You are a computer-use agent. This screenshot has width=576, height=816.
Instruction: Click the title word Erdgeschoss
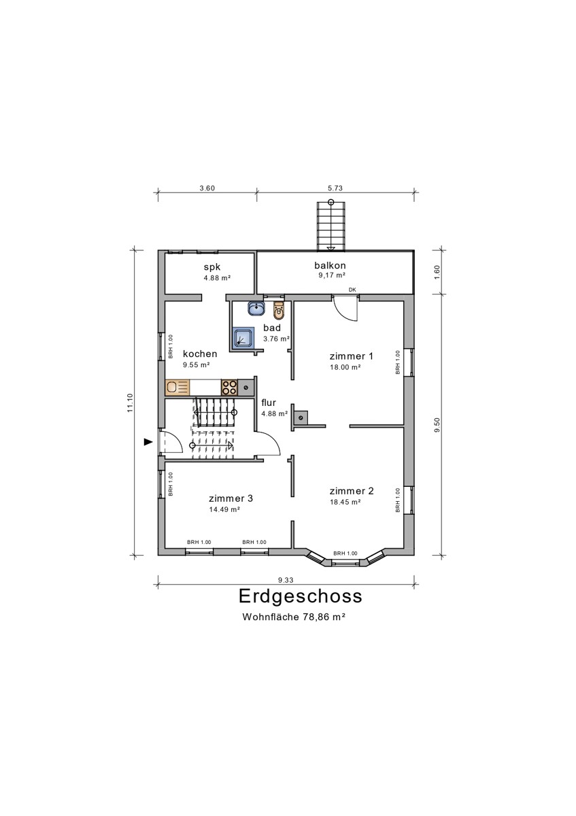[x=300, y=596]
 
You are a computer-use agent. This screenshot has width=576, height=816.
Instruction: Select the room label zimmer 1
[x=351, y=356]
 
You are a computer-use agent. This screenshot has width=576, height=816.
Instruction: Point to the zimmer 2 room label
[x=351, y=491]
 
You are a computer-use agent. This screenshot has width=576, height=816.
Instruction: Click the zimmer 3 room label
[x=231, y=498]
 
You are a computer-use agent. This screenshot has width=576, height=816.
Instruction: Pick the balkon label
[x=331, y=265]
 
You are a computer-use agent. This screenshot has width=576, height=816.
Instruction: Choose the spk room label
[x=212, y=267]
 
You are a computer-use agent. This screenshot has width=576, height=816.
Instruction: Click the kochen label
[x=200, y=354]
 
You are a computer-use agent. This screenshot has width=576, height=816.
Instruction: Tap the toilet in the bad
[x=277, y=311]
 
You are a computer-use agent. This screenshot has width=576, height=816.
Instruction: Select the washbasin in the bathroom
[x=256, y=309]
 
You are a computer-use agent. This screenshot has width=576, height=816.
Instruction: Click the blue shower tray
[x=243, y=338]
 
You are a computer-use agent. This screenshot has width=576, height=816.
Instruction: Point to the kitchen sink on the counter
[x=178, y=388]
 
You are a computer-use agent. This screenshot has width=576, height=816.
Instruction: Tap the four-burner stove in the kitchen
[x=228, y=388]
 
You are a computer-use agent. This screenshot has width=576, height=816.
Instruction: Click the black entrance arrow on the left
[x=148, y=442]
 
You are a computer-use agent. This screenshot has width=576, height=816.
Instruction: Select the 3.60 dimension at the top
[x=207, y=189]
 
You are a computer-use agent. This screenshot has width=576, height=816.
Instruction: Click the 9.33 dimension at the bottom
[x=286, y=579]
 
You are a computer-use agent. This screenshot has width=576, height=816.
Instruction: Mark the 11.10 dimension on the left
[x=129, y=403]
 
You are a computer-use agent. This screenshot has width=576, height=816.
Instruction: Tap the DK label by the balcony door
[x=352, y=290]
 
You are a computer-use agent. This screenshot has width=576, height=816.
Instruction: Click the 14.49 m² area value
[x=224, y=509]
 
